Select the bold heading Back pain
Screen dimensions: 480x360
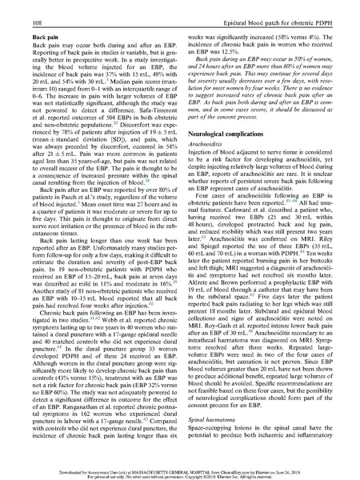(30, 37)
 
